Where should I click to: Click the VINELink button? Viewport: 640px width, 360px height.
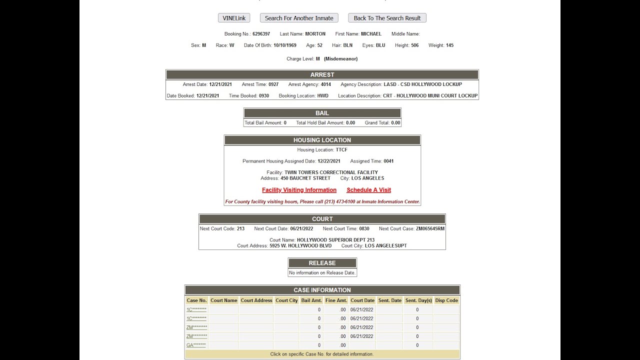point(234,18)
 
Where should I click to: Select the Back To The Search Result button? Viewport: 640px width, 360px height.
point(387,18)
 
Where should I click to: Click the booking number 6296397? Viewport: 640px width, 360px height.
point(261,34)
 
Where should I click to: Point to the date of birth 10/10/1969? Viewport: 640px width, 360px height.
point(284,45)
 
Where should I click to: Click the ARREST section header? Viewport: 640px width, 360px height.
point(322,74)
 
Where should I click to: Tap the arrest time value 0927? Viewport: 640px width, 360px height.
point(273,84)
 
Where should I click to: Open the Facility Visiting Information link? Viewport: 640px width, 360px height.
point(299,190)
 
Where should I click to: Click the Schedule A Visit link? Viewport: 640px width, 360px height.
point(368,190)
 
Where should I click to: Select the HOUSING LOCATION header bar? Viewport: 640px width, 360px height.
point(322,140)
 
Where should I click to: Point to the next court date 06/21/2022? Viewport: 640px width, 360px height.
point(301,229)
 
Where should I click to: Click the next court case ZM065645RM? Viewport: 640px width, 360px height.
point(430,229)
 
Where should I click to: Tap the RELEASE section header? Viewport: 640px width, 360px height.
point(322,263)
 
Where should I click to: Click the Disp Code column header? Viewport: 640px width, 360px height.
point(446,300)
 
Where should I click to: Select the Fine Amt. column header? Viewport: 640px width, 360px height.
point(336,300)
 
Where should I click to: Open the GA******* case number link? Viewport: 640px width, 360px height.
point(196,345)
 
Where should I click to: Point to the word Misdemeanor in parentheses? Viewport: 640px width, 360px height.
point(340,59)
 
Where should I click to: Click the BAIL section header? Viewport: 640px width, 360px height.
point(322,113)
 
